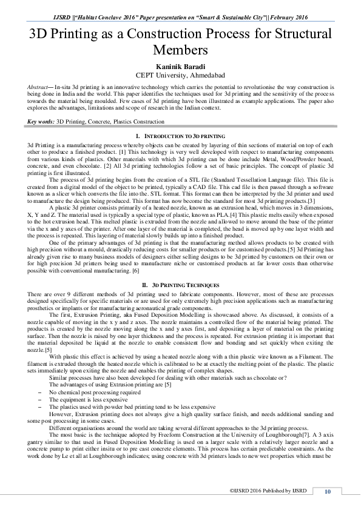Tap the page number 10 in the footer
pos(328,491)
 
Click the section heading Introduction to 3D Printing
pos(180,137)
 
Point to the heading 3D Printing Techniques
pos(180,283)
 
